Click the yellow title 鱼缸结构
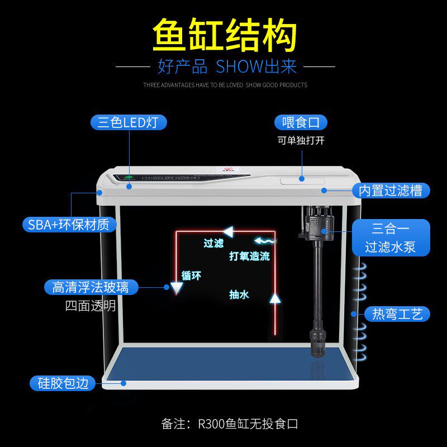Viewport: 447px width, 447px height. [223, 36]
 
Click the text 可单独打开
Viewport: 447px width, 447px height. [301, 140]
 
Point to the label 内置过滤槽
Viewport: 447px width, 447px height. [391, 190]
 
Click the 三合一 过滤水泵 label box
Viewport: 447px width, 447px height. [391, 237]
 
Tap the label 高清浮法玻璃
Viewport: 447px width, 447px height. [91, 287]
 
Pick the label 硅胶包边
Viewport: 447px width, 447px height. [63, 383]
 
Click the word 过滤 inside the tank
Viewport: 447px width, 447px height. [213, 243]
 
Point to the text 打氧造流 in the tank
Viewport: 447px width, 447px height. [249, 256]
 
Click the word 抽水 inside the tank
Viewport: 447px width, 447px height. [239, 294]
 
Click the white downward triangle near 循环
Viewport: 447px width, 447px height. [177, 287]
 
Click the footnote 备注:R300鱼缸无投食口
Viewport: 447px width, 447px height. [229, 424]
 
